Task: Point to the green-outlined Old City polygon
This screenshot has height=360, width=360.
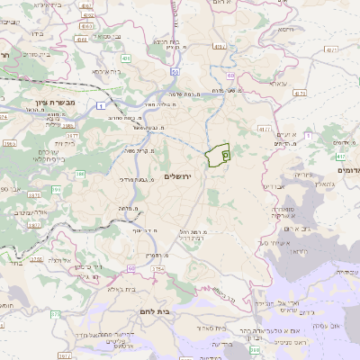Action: (x=218, y=156)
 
